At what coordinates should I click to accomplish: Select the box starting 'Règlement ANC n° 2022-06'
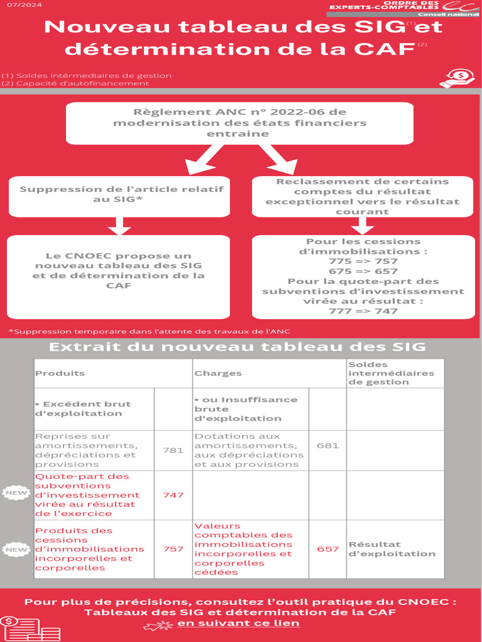point(240,124)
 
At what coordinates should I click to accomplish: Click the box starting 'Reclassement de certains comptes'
point(363,196)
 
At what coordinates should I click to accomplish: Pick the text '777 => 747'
point(363,311)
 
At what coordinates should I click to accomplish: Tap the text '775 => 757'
point(363,261)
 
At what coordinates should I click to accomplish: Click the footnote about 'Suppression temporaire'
point(149,331)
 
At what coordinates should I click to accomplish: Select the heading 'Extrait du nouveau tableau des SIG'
point(237,347)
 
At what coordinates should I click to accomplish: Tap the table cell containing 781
point(173,450)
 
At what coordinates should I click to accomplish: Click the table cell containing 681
point(328,446)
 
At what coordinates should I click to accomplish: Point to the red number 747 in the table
point(173,495)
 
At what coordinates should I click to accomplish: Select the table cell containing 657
point(328,549)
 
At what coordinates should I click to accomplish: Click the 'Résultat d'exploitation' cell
point(392,549)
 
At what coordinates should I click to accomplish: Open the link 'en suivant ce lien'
point(238,623)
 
